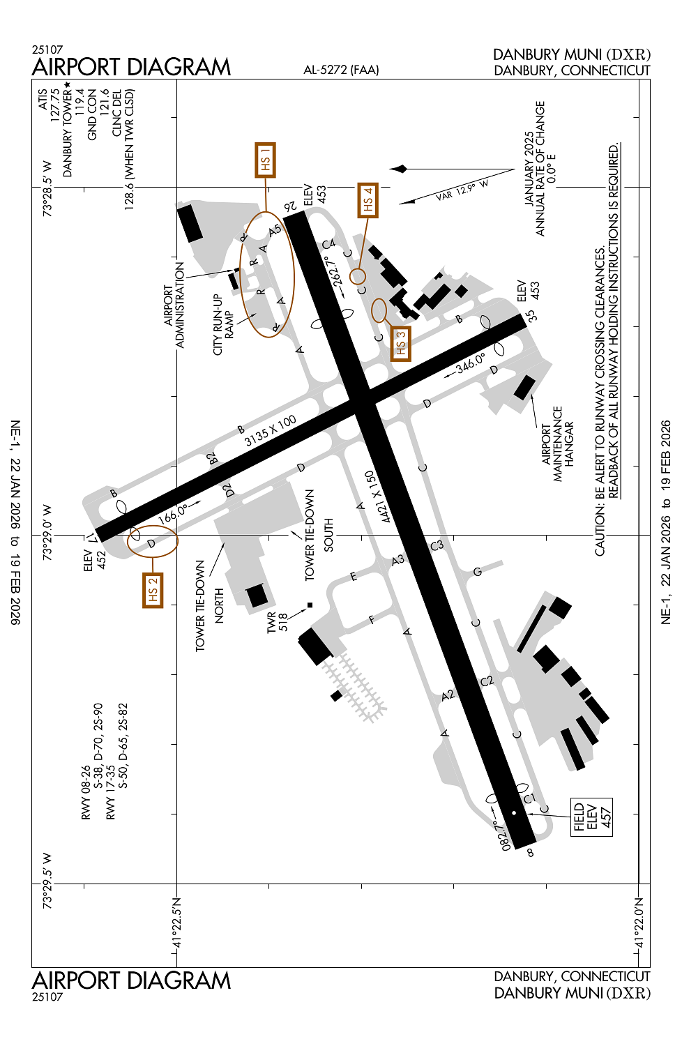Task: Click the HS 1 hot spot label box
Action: tap(265, 160)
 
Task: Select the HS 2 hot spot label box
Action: tap(153, 591)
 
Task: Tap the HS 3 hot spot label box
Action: tap(400, 343)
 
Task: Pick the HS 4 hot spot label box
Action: tap(367, 200)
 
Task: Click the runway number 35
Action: tap(531, 315)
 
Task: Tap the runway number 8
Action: tap(530, 852)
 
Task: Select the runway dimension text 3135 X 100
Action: tap(270, 431)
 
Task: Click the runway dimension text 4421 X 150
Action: tap(376, 497)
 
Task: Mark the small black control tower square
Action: tap(310, 605)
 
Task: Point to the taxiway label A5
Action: tap(274, 230)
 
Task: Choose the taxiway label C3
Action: tap(437, 545)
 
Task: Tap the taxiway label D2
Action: tap(228, 490)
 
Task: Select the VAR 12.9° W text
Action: tap(462, 190)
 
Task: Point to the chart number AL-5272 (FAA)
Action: tap(341, 70)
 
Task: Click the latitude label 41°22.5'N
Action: tap(176, 924)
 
